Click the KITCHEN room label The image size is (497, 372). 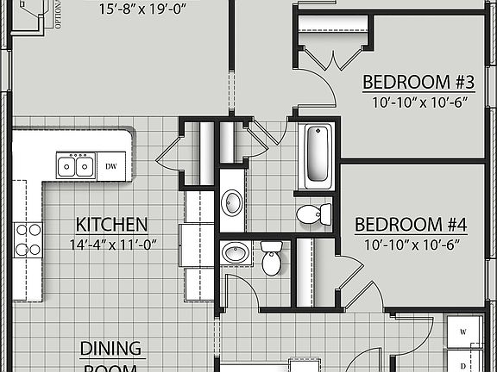pyautogui.click(x=111, y=225)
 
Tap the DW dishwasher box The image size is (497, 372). pyautogui.click(x=110, y=165)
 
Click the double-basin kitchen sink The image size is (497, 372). pyautogui.click(x=75, y=165)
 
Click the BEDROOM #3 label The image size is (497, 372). pyautogui.click(x=418, y=83)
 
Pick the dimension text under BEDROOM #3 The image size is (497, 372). pyautogui.click(x=418, y=101)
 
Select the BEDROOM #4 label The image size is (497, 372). pyautogui.click(x=412, y=226)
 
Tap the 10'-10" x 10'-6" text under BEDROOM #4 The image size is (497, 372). pyautogui.click(x=412, y=244)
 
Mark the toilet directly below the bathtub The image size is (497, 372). pyautogui.click(x=312, y=213)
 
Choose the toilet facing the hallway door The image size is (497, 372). pyautogui.click(x=272, y=258)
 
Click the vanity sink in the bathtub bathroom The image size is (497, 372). pyautogui.click(x=232, y=203)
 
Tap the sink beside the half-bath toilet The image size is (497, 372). pyautogui.click(x=234, y=254)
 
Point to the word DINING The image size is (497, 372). pyautogui.click(x=110, y=348)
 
